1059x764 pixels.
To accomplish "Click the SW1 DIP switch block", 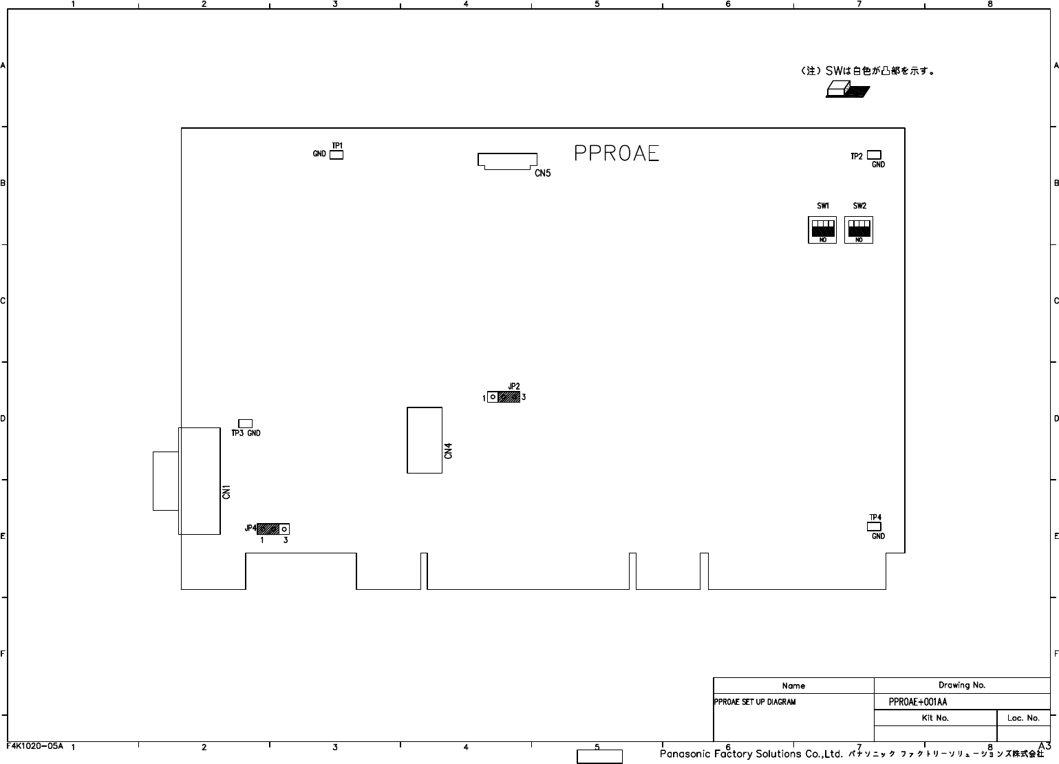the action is pos(822,229).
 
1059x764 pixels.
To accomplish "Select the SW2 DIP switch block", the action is pos(859,229).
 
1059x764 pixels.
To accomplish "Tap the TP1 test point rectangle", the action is pos(336,155).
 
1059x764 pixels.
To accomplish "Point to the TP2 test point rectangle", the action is pos(874,155).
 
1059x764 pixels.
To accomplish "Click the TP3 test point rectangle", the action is pos(245,423).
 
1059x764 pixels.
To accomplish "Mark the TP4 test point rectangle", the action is pos(874,526).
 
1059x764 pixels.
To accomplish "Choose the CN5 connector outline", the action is pos(507,161).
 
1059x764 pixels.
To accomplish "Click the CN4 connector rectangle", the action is pos(424,440).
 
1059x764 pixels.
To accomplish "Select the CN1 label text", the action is pos(226,492).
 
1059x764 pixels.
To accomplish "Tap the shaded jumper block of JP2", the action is pos(509,397).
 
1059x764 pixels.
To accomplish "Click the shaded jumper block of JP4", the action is pos(268,529).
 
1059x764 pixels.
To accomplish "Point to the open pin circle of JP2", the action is pos(493,397).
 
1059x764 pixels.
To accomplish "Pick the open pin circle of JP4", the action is pos(284,529).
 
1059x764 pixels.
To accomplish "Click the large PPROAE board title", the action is pos(616,153).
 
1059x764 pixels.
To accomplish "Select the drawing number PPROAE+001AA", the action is pos(918,702).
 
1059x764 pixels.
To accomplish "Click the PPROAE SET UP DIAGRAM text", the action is pos(755,702).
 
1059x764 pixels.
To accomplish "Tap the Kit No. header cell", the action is pos(935,718).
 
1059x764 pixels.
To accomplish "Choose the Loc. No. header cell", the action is pos(1023,718).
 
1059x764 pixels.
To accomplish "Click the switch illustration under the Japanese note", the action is pos(847,90).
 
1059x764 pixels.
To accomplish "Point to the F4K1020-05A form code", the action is pos(34,745).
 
